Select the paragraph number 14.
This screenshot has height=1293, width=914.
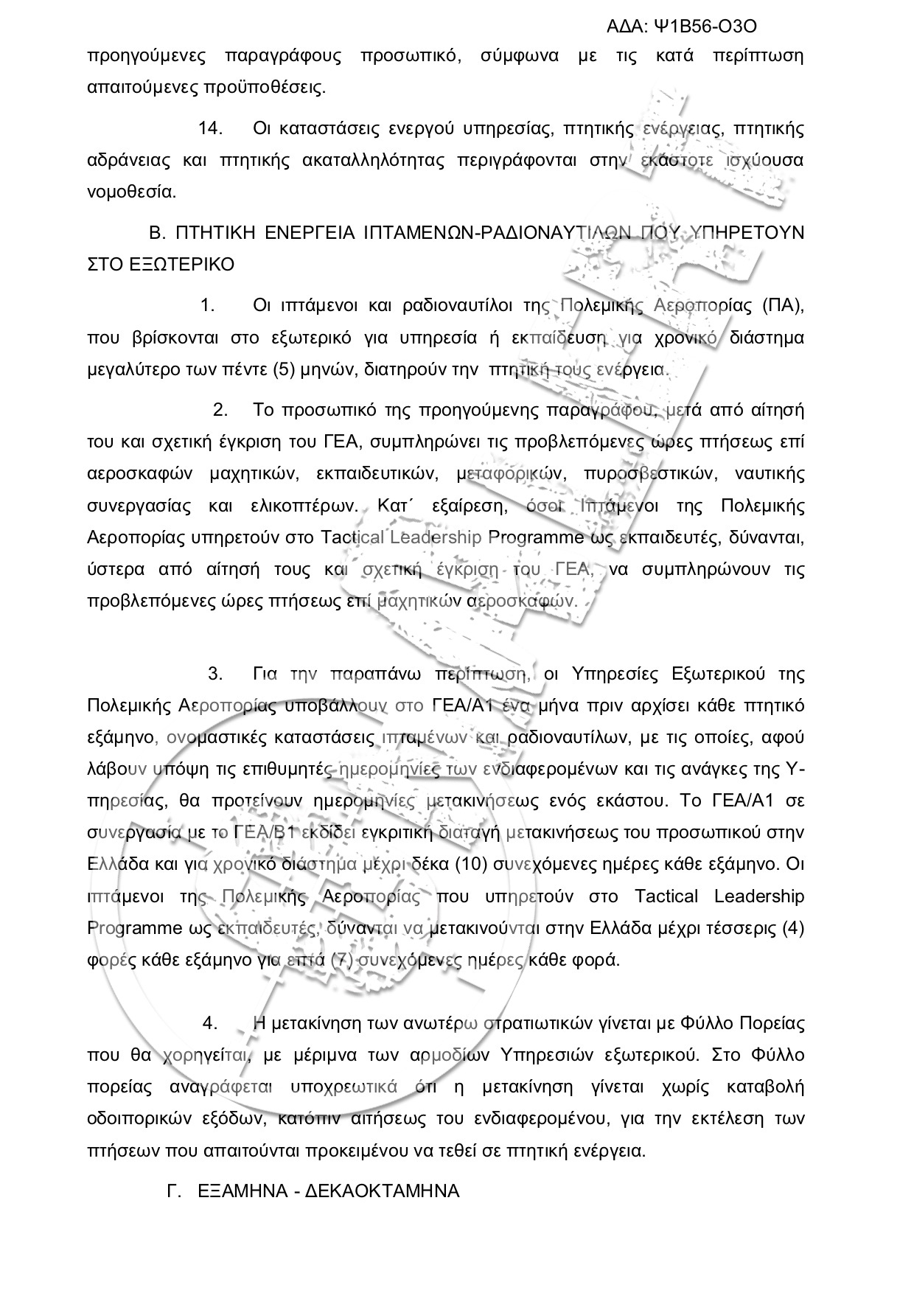tap(210, 128)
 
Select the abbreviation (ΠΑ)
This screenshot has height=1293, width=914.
tap(782, 305)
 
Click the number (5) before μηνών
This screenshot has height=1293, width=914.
tap(284, 369)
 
